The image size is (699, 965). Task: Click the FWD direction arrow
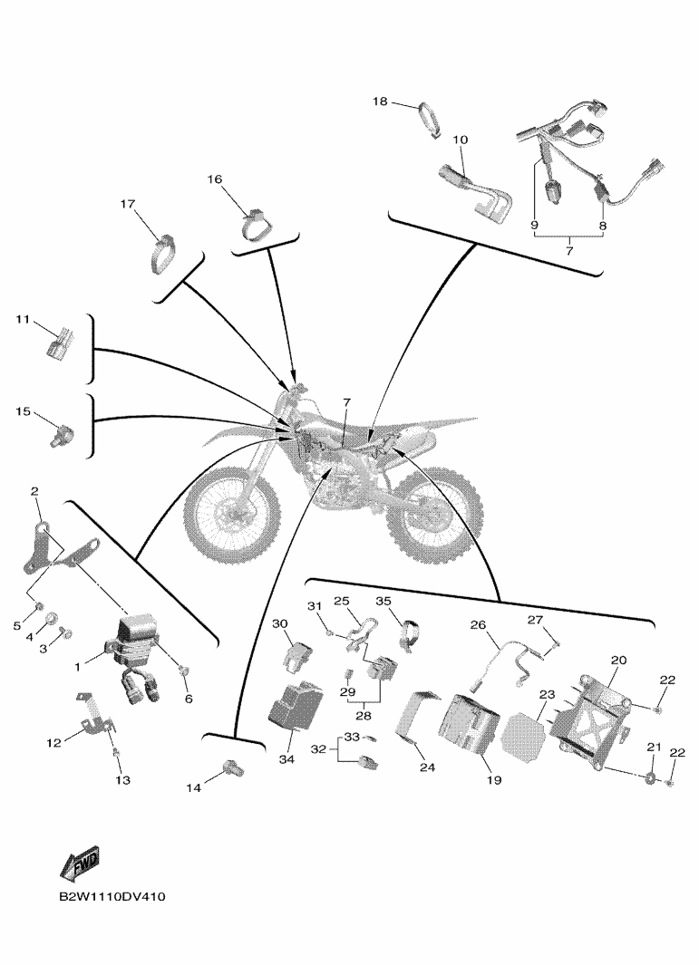(x=80, y=864)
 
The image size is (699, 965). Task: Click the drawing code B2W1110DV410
(x=112, y=897)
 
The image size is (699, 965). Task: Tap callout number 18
(x=380, y=101)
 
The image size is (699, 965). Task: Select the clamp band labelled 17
(x=164, y=254)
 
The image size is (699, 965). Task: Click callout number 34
(x=286, y=759)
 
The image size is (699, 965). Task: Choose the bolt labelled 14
(x=233, y=767)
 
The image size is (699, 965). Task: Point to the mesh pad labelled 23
(x=523, y=737)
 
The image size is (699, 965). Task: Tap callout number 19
(x=494, y=780)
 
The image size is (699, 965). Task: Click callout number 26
(x=478, y=625)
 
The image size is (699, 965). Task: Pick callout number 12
(x=53, y=743)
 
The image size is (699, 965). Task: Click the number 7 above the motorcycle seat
(x=346, y=402)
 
